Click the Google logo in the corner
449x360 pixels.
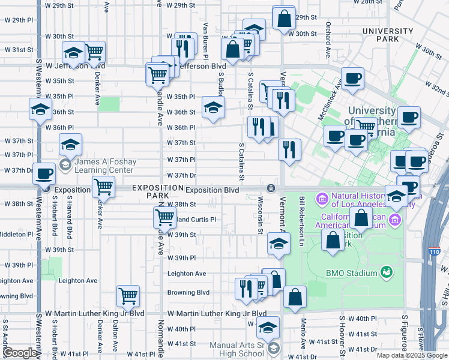tap(19, 353)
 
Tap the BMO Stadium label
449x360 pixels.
tap(351, 273)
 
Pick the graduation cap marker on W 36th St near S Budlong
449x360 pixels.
tap(212, 107)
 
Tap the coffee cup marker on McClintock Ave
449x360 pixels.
tap(352, 78)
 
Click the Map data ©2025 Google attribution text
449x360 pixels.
tap(411, 355)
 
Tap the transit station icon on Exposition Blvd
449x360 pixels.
tap(271, 188)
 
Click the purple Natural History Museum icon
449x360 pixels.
tap(322, 197)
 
